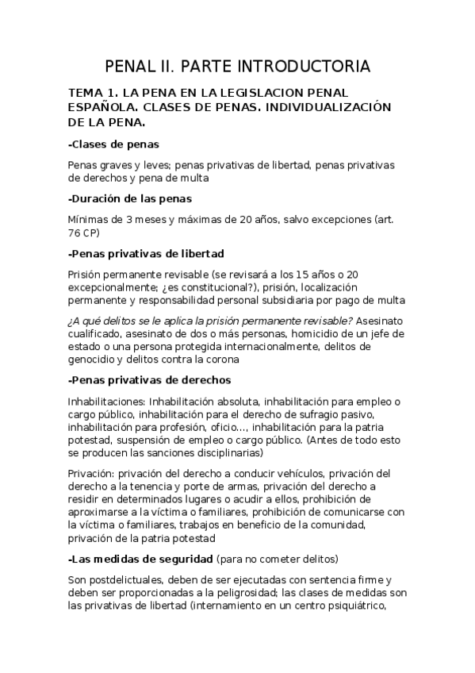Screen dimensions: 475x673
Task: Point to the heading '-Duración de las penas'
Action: (x=130, y=198)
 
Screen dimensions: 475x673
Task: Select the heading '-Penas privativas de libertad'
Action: (x=147, y=253)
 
